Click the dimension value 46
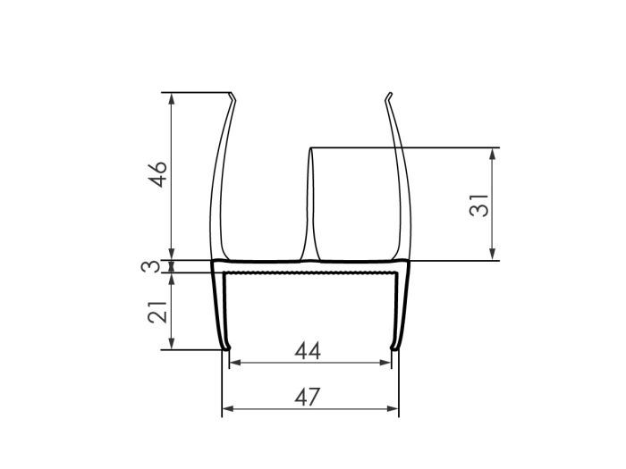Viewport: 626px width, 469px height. coord(157,175)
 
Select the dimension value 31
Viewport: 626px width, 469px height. coord(480,204)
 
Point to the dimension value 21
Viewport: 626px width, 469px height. coord(157,311)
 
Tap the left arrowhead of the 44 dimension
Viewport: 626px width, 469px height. coord(234,363)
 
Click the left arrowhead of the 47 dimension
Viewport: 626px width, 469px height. coord(226,409)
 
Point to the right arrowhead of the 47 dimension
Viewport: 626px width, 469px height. coord(393,409)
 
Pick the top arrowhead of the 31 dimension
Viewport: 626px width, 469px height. coord(492,152)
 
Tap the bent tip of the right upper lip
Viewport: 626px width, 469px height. coord(390,96)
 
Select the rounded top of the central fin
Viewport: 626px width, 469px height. coord(311,149)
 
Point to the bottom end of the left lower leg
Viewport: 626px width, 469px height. coord(224,348)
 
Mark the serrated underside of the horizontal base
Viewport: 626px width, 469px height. coord(309,270)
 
